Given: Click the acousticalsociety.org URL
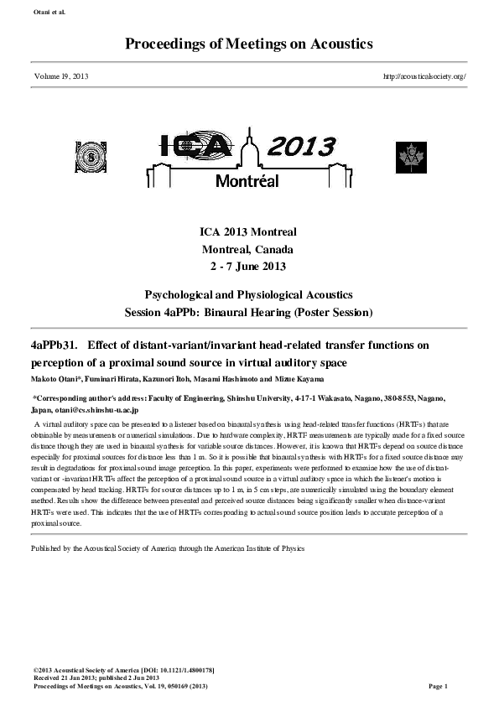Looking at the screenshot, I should click(424, 76).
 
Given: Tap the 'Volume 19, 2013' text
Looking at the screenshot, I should click(61, 76).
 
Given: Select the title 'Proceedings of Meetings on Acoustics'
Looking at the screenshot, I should click(249, 44).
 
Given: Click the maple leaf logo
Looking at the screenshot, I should click(412, 157).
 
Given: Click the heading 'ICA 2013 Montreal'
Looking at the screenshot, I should click(248, 232).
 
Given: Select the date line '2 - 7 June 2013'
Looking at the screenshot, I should click(248, 267).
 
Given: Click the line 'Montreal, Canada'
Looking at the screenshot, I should click(248, 249).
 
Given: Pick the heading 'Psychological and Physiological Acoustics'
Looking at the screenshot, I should click(248, 295).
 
